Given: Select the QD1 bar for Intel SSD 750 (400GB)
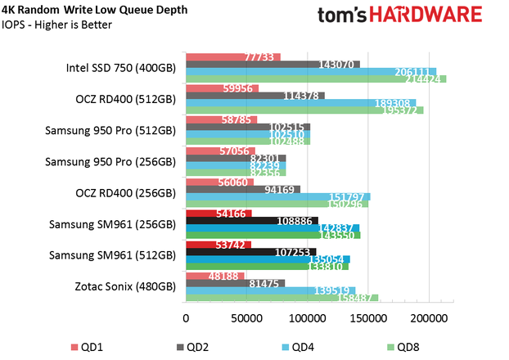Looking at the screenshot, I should [x=233, y=57].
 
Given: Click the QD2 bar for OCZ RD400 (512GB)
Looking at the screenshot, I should [x=255, y=96].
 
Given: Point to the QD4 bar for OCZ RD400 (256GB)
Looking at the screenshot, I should [x=278, y=197].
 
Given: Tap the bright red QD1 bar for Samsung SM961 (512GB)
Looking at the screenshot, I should [x=218, y=245].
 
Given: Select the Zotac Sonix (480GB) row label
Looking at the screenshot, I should [x=124, y=286].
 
